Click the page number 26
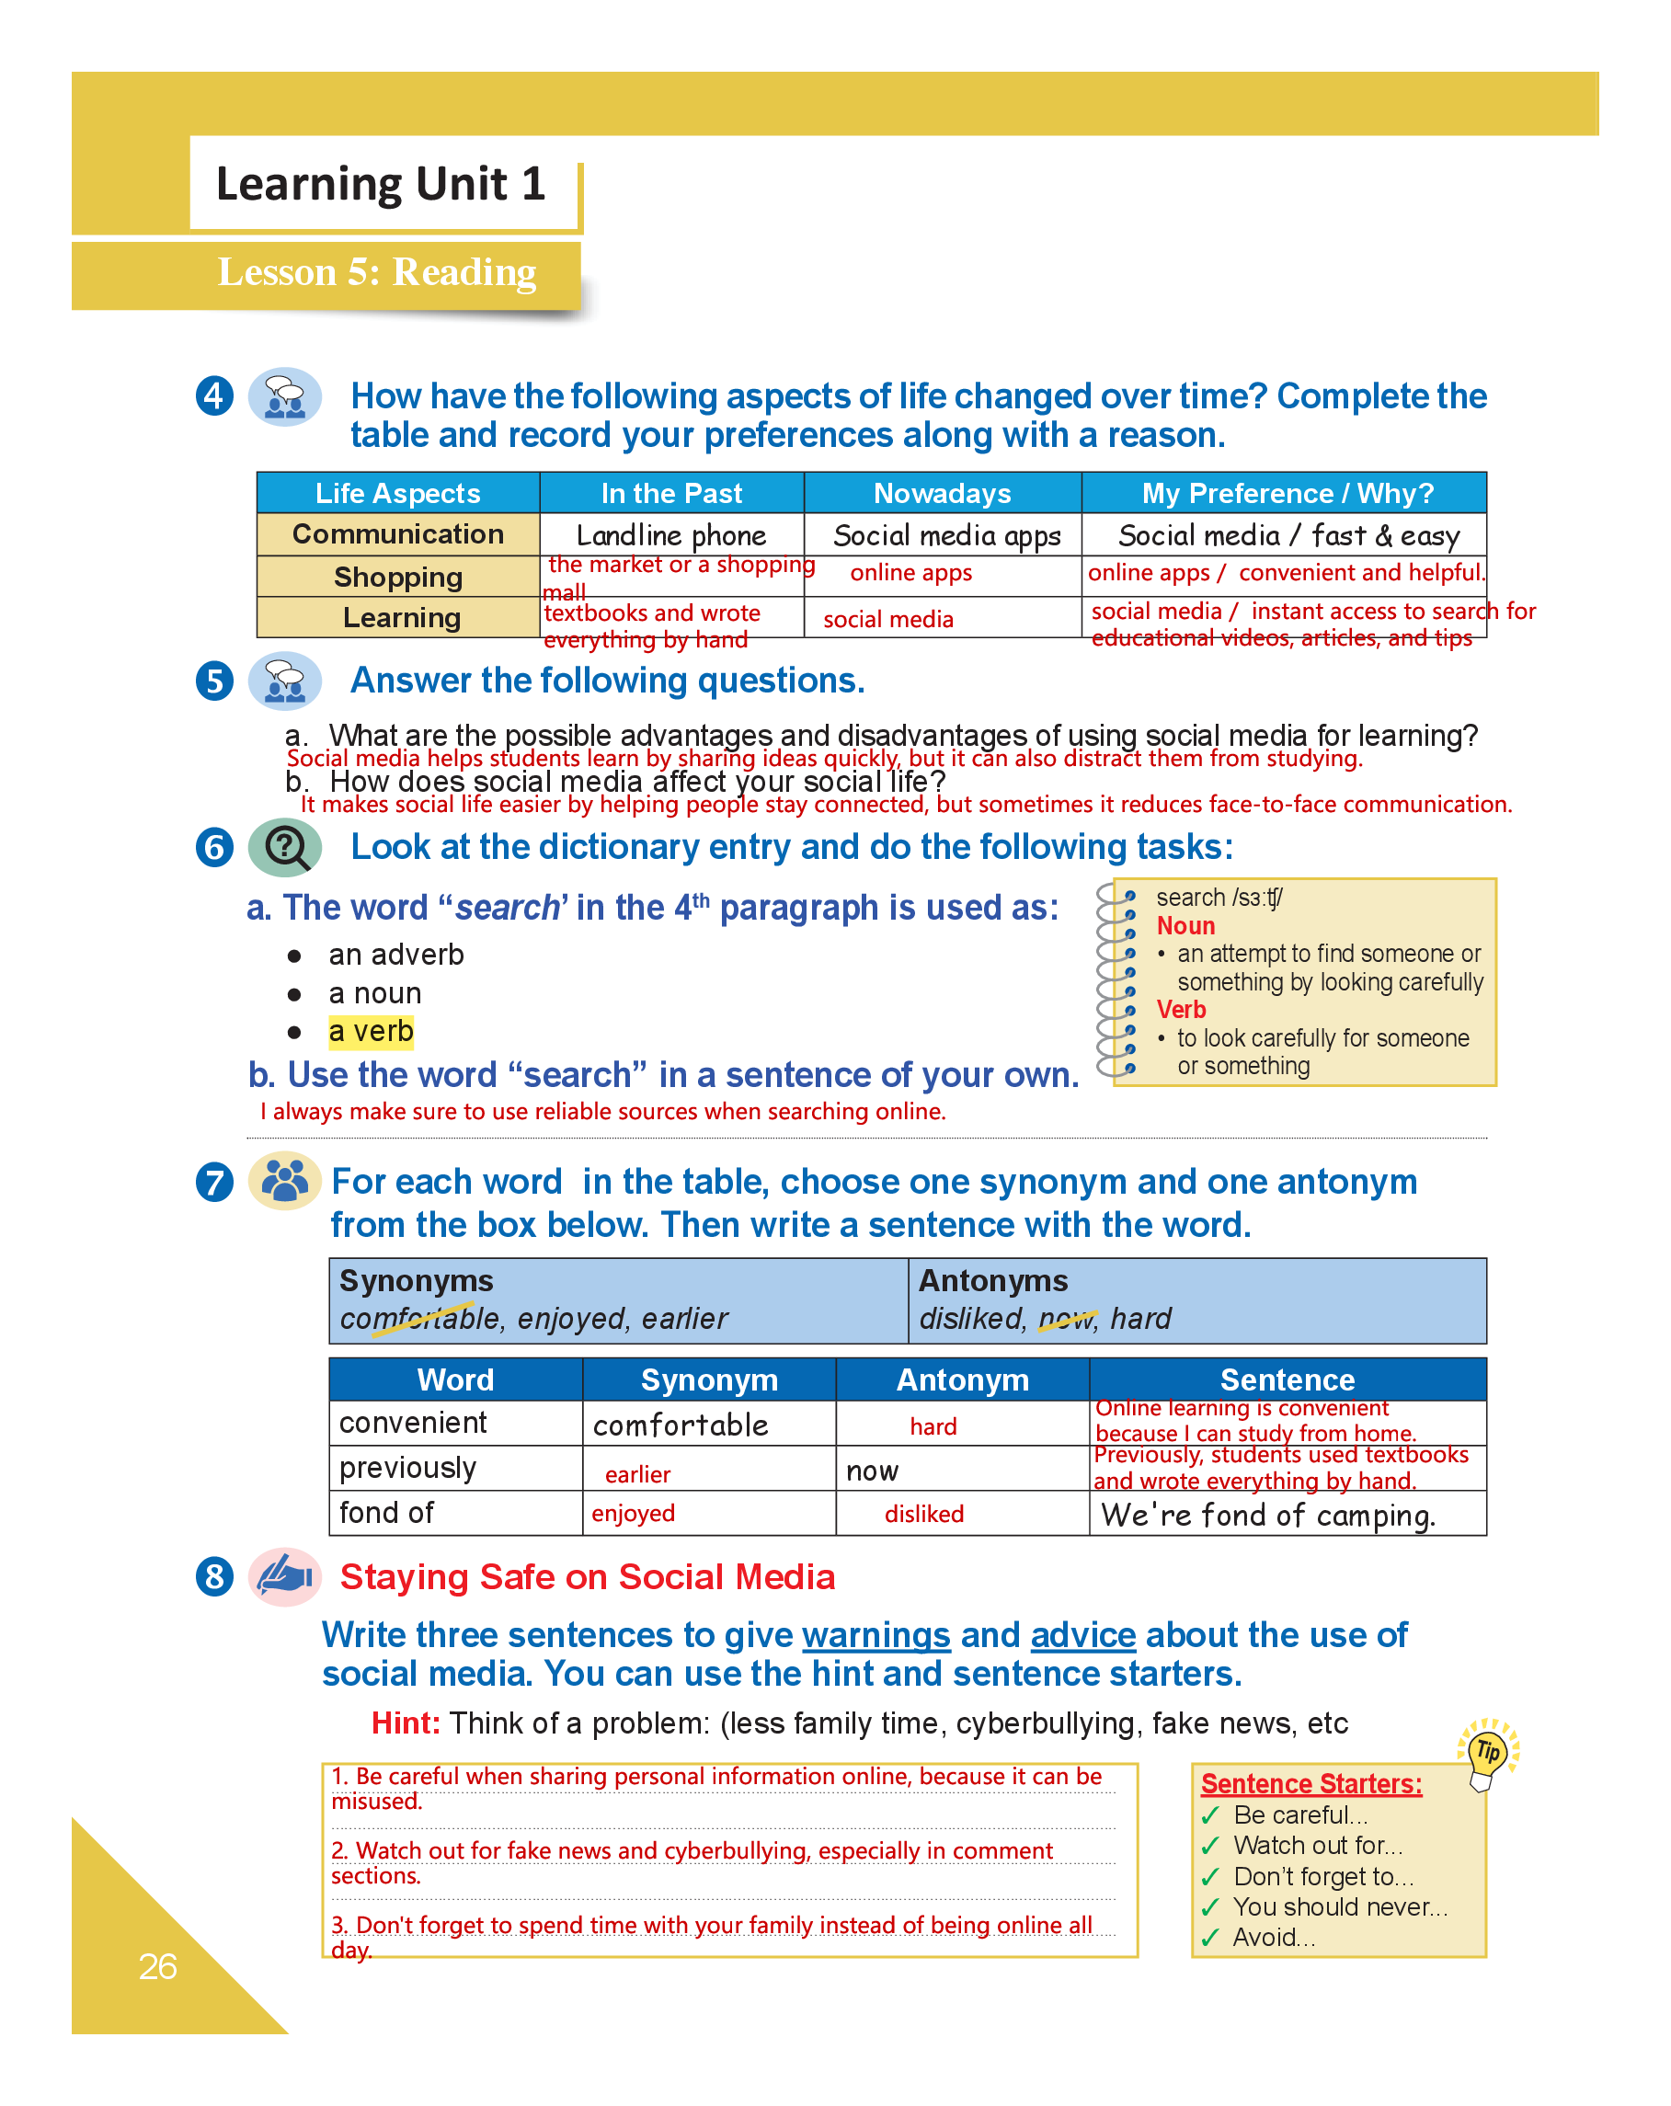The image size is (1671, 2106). [157, 1965]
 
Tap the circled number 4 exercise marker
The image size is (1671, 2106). [214, 395]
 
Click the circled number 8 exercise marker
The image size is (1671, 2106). [214, 1575]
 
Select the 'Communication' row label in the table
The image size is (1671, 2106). [397, 534]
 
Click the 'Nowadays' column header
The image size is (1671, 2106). [942, 493]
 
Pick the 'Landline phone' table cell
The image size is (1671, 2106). [671, 535]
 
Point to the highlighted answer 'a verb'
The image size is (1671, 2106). [372, 1032]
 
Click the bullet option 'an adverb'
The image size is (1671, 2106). [395, 955]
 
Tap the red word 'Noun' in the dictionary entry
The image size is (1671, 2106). [1185, 925]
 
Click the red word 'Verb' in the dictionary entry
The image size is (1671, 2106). [1181, 1009]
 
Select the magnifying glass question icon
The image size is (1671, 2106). [285, 846]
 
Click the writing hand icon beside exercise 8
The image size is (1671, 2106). [284, 1575]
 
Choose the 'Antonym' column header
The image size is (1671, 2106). [962, 1379]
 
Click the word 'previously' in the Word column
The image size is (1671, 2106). [407, 1467]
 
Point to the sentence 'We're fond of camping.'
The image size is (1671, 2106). [1267, 1514]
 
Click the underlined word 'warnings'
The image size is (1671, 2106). [876, 1634]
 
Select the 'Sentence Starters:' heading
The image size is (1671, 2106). [1310, 1783]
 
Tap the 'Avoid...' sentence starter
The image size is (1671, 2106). [1274, 1937]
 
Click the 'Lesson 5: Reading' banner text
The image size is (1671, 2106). [376, 271]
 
